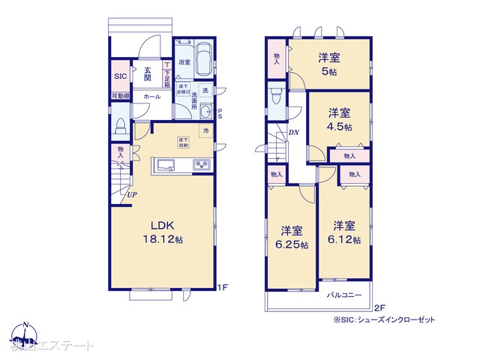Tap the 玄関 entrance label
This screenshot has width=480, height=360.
pyautogui.click(x=148, y=73)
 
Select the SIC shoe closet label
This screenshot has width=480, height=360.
pyautogui.click(x=121, y=76)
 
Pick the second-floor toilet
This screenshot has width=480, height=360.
pyautogui.click(x=276, y=97)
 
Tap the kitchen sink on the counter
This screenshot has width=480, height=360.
pyautogui.click(x=166, y=165)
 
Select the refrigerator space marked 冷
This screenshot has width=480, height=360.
pyautogui.click(x=205, y=130)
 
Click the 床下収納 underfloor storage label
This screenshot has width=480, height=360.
pyautogui.click(x=183, y=142)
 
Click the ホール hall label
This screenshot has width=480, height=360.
pyautogui.click(x=151, y=97)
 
